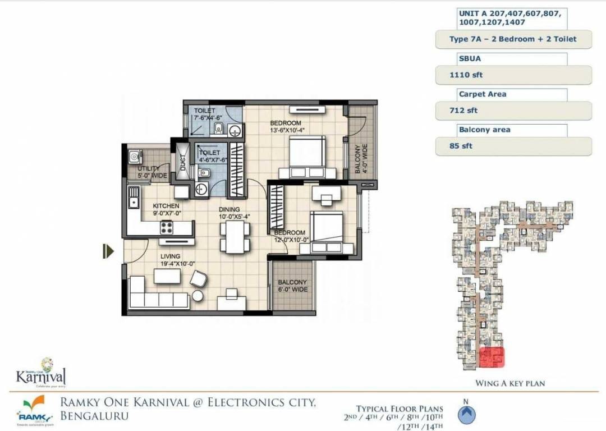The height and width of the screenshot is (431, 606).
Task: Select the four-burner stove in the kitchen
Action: click(x=167, y=227)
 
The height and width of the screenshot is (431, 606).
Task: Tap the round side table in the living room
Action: click(x=198, y=296)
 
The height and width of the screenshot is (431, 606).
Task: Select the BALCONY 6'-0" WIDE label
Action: click(x=292, y=286)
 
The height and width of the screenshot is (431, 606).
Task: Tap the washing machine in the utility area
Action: click(x=134, y=156)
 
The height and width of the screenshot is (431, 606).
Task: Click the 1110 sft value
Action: click(x=458, y=75)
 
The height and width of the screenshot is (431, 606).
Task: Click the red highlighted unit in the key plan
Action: click(x=492, y=357)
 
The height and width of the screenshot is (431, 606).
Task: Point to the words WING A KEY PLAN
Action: click(x=510, y=383)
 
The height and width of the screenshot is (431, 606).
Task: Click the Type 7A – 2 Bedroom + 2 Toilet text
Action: click(x=513, y=39)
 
